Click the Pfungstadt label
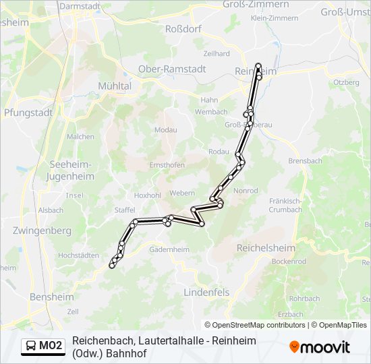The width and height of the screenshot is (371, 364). (28, 113)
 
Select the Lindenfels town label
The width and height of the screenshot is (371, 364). (206, 293)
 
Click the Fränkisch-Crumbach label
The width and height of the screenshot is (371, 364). (285, 205)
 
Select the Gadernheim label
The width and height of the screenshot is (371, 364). (169, 249)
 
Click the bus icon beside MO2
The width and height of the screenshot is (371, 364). (31, 346)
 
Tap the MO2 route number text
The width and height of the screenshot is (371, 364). (51, 346)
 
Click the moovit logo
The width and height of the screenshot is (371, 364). (320, 347)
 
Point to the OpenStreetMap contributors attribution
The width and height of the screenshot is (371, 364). (255, 325)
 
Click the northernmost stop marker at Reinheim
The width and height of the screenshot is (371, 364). (258, 66)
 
